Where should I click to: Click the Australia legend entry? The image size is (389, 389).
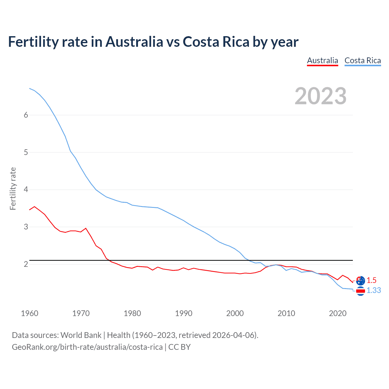tap(322, 60)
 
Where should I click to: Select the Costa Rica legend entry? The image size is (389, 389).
tap(363, 60)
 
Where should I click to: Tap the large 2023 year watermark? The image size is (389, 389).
tap(321, 96)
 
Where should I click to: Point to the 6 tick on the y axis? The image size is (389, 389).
tap(26, 115)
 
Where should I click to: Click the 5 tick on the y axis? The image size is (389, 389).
tap(26, 152)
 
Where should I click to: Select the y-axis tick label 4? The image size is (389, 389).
tap(26, 190)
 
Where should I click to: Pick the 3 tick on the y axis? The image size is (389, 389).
tap(26, 227)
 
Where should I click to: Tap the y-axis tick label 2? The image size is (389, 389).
tap(26, 264)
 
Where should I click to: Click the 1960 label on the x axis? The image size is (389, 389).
tap(29, 313)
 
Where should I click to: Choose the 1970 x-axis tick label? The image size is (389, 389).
tap(81, 313)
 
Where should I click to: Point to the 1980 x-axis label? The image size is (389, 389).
tap(132, 313)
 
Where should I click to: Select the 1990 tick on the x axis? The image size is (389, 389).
tap(184, 313)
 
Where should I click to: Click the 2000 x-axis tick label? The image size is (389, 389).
tap(235, 313)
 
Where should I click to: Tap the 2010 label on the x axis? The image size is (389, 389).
tap(286, 313)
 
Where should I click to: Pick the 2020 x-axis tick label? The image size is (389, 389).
tap(338, 313)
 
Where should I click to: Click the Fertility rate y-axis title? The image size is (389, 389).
tap(13, 188)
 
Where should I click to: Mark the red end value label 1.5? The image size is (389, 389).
tap(371, 280)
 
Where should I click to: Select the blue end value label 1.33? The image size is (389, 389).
tap(374, 291)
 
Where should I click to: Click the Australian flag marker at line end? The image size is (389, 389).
tap(360, 281)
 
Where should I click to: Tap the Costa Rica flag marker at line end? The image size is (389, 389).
tap(360, 291)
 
